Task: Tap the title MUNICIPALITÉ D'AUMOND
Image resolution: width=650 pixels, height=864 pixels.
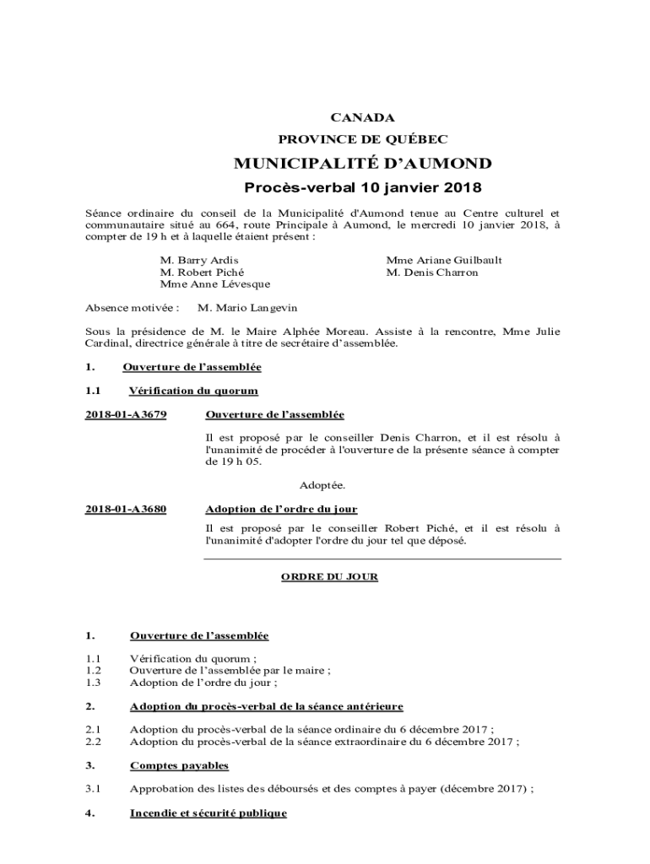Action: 362,163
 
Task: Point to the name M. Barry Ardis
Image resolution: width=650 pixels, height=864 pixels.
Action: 199,261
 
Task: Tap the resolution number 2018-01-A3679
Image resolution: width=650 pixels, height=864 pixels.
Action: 126,415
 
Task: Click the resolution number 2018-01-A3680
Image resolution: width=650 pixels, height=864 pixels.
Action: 126,509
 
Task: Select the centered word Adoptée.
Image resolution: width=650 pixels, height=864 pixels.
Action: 322,485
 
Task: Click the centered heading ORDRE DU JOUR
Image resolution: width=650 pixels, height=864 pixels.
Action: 329,577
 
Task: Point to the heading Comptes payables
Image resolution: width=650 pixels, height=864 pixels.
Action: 179,765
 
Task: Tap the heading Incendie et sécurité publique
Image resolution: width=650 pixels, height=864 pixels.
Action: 208,813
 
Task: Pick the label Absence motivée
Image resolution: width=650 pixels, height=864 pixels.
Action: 133,308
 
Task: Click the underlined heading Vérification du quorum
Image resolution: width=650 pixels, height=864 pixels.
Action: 193,391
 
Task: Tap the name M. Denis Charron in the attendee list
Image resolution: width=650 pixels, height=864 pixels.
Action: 432,273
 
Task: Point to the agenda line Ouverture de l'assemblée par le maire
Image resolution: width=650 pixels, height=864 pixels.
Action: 230,671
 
